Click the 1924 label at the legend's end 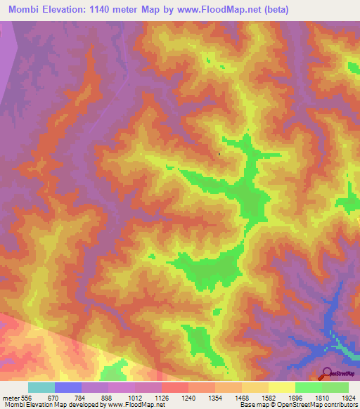348,398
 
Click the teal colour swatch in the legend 41,387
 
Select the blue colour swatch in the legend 67,387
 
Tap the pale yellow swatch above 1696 281,387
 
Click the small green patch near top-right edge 353,67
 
